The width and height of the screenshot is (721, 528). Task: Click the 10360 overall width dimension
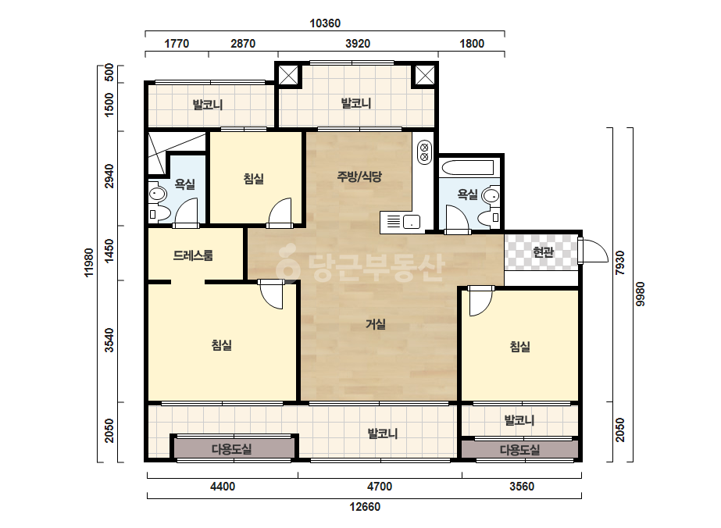pos(325,23)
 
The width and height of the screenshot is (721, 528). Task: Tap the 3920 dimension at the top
pos(358,44)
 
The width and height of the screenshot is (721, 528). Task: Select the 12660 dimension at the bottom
pos(365,507)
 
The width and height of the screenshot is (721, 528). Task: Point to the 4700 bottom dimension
pos(380,487)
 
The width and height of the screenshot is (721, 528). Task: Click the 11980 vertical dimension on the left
pos(89,262)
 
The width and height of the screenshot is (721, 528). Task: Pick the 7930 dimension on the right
pos(620,262)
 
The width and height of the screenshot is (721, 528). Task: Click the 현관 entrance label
pos(543,252)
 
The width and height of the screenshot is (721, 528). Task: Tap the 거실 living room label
pos(376,324)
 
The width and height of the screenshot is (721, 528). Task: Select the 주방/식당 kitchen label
pos(359,177)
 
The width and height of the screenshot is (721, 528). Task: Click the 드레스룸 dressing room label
pos(193,255)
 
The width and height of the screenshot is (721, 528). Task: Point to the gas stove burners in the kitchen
pos(424,152)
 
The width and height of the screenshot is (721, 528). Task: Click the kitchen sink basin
pos(412,222)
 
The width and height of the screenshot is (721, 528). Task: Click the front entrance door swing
pos(593,251)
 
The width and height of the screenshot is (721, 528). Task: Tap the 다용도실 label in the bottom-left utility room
pos(232,449)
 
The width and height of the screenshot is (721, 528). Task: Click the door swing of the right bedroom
pos(480,301)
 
